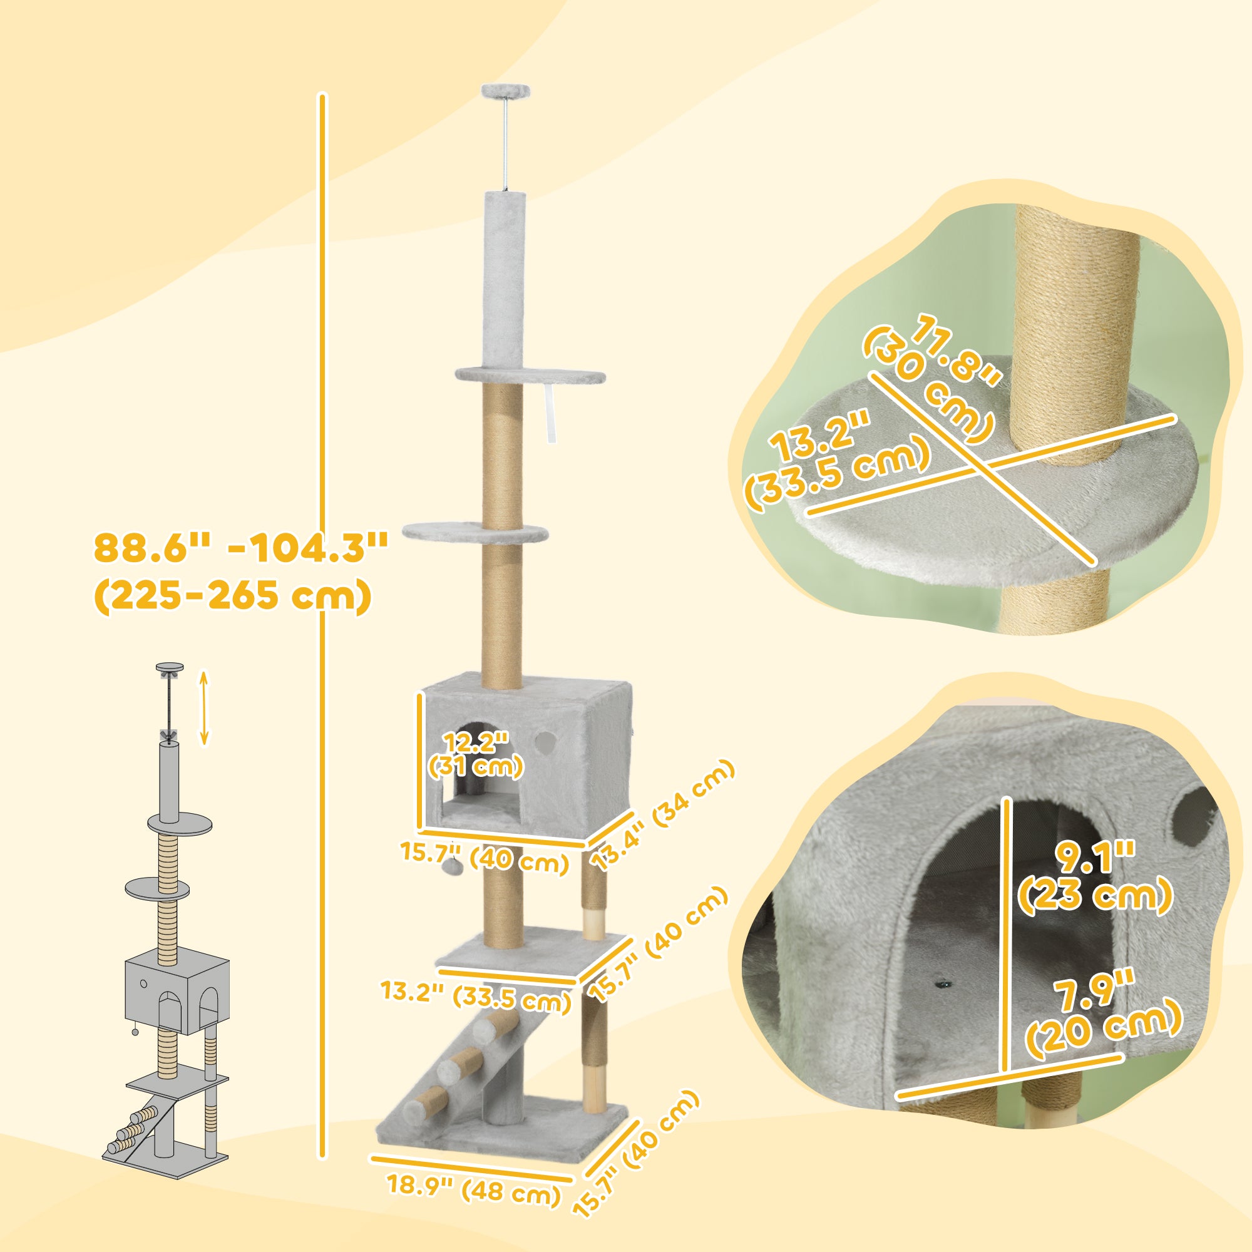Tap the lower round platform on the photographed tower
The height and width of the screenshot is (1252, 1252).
475,534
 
